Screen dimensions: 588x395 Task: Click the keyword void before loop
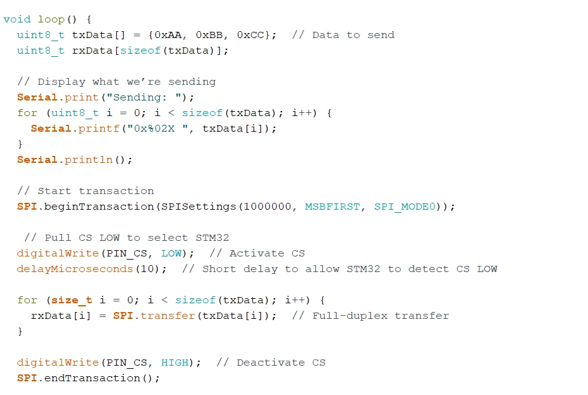click(x=17, y=19)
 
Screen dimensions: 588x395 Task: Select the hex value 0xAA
click(x=168, y=35)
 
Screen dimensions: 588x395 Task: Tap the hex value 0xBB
click(x=209, y=35)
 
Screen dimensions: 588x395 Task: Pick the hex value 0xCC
click(x=250, y=35)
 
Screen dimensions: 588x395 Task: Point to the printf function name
click(x=99, y=129)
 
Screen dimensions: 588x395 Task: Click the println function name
click(x=89, y=160)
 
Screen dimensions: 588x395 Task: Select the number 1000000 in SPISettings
click(x=267, y=207)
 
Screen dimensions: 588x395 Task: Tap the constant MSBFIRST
click(x=332, y=207)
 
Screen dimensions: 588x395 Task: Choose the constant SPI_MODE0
click(x=404, y=207)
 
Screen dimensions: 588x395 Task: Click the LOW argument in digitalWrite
click(x=172, y=253)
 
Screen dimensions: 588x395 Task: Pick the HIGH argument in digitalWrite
click(x=175, y=363)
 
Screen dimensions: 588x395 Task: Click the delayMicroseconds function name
click(x=75, y=269)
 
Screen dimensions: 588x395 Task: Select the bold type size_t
click(x=72, y=301)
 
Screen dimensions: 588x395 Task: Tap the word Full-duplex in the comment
click(x=350, y=316)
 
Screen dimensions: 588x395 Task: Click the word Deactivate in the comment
click(x=271, y=363)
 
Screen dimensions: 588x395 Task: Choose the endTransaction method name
click(x=92, y=378)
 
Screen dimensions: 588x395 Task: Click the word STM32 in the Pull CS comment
click(x=212, y=238)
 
